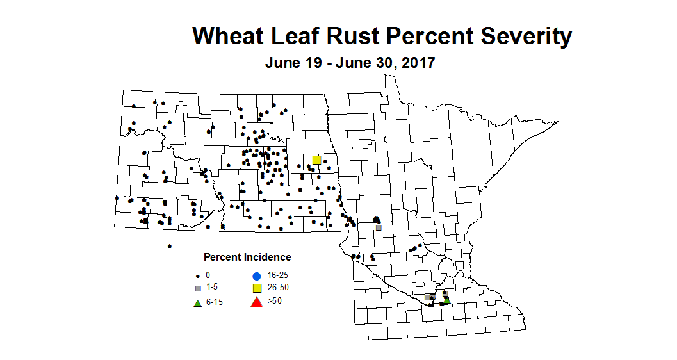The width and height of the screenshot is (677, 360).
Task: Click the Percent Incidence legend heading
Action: click(247, 258)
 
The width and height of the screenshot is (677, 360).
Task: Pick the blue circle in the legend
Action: click(257, 275)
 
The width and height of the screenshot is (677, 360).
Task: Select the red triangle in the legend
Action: click(257, 302)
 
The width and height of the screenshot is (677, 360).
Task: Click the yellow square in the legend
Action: click(257, 288)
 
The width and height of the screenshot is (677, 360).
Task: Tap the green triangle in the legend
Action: click(198, 302)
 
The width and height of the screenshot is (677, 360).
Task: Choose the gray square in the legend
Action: click(198, 288)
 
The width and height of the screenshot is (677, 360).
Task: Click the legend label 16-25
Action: click(279, 275)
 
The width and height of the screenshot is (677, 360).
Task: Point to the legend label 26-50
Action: click(279, 288)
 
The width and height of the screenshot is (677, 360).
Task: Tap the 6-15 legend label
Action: click(214, 302)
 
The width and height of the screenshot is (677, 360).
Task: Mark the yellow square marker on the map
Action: click(316, 160)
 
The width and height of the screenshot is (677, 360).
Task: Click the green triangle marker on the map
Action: click(446, 300)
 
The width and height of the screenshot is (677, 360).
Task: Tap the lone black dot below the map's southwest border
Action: click(169, 246)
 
